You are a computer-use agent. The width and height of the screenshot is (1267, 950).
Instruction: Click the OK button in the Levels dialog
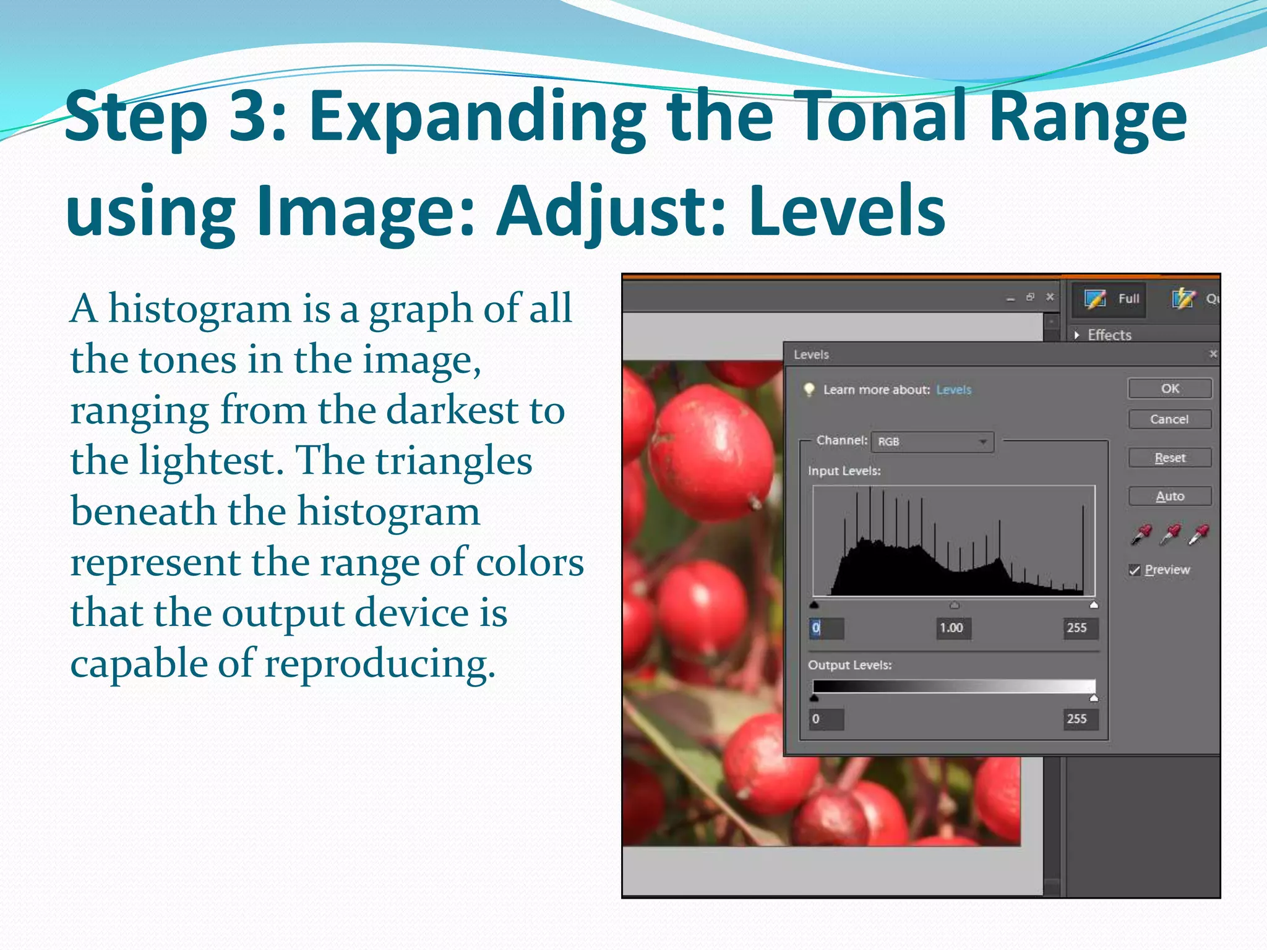coord(1169,388)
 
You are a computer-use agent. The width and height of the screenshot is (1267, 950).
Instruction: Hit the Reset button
coord(1169,458)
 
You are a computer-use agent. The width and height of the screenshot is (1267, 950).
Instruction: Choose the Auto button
coord(1169,496)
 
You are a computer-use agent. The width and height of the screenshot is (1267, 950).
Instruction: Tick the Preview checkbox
coord(1135,570)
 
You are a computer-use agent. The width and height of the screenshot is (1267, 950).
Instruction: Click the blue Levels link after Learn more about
coord(953,390)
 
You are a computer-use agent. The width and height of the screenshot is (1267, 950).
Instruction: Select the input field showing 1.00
coord(952,628)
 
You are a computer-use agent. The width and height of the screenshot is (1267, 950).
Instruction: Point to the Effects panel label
coord(1109,335)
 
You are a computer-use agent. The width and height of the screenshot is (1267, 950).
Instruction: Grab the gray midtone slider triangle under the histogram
coord(955,605)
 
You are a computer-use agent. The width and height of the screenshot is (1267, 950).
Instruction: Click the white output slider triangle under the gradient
coord(1094,698)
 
